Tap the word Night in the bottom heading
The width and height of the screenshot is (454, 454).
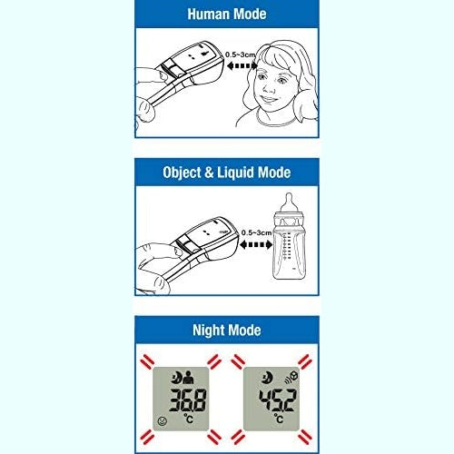pos(213,330)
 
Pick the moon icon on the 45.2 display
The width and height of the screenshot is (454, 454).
pos(262,378)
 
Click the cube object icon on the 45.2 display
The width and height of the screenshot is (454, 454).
pos(291,378)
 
